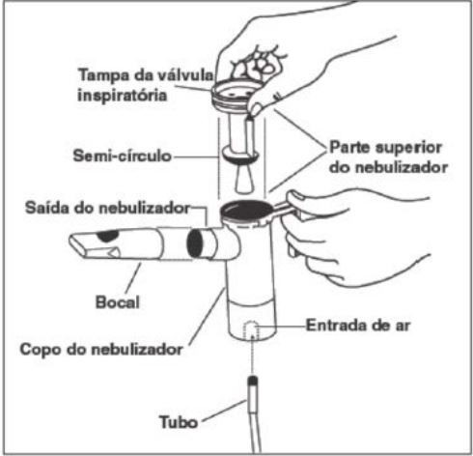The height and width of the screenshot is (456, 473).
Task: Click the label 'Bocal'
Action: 118,302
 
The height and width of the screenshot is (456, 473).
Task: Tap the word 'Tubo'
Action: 179,422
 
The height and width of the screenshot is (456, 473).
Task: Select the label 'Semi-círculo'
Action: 123,156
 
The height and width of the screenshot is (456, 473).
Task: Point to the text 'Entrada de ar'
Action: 358,326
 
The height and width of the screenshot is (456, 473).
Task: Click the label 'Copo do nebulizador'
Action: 101,349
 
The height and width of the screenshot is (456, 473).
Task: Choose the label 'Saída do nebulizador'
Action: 108,208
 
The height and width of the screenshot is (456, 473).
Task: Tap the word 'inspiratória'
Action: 123,96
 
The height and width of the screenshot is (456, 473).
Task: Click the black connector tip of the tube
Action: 253,382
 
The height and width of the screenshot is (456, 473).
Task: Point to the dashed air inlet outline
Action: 251,329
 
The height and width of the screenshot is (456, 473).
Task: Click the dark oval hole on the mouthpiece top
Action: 108,236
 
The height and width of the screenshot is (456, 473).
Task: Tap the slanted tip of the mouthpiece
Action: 78,244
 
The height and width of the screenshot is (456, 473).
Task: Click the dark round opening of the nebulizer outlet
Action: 195,243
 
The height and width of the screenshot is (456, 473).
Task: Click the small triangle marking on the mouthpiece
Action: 113,252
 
